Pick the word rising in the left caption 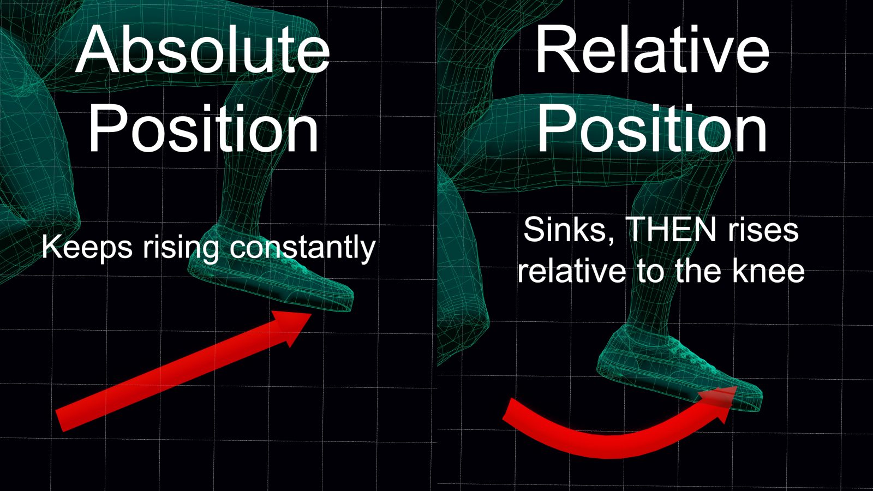[181, 248]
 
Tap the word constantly [302, 248]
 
